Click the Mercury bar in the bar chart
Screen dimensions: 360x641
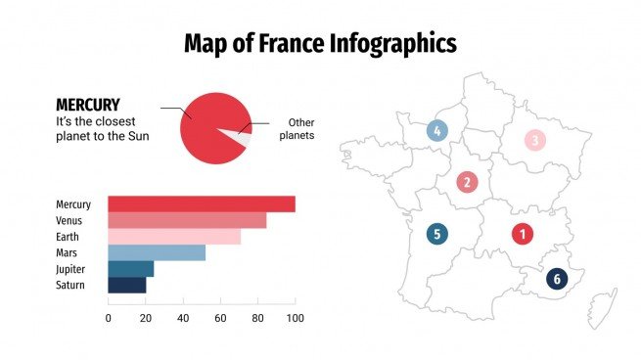coord(201,204)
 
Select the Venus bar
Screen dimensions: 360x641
coord(186,221)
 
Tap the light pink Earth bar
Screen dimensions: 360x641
coord(173,237)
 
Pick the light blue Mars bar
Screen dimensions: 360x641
coord(156,253)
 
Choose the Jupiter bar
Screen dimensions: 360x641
coord(130,269)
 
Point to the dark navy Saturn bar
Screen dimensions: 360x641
coord(126,285)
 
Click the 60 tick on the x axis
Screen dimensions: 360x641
coord(220,318)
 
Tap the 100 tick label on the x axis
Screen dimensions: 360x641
coord(295,318)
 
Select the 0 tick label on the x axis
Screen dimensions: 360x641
coord(108,318)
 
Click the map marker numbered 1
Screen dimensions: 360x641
coord(523,234)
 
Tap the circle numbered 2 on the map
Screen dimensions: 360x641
coord(467,182)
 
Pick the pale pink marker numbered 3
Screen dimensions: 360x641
coord(535,141)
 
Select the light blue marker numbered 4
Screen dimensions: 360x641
coord(436,130)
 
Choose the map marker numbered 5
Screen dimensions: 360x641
coord(436,234)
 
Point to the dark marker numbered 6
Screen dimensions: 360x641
coord(557,279)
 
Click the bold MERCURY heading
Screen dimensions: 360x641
coord(88,104)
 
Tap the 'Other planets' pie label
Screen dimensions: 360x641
coord(297,129)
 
